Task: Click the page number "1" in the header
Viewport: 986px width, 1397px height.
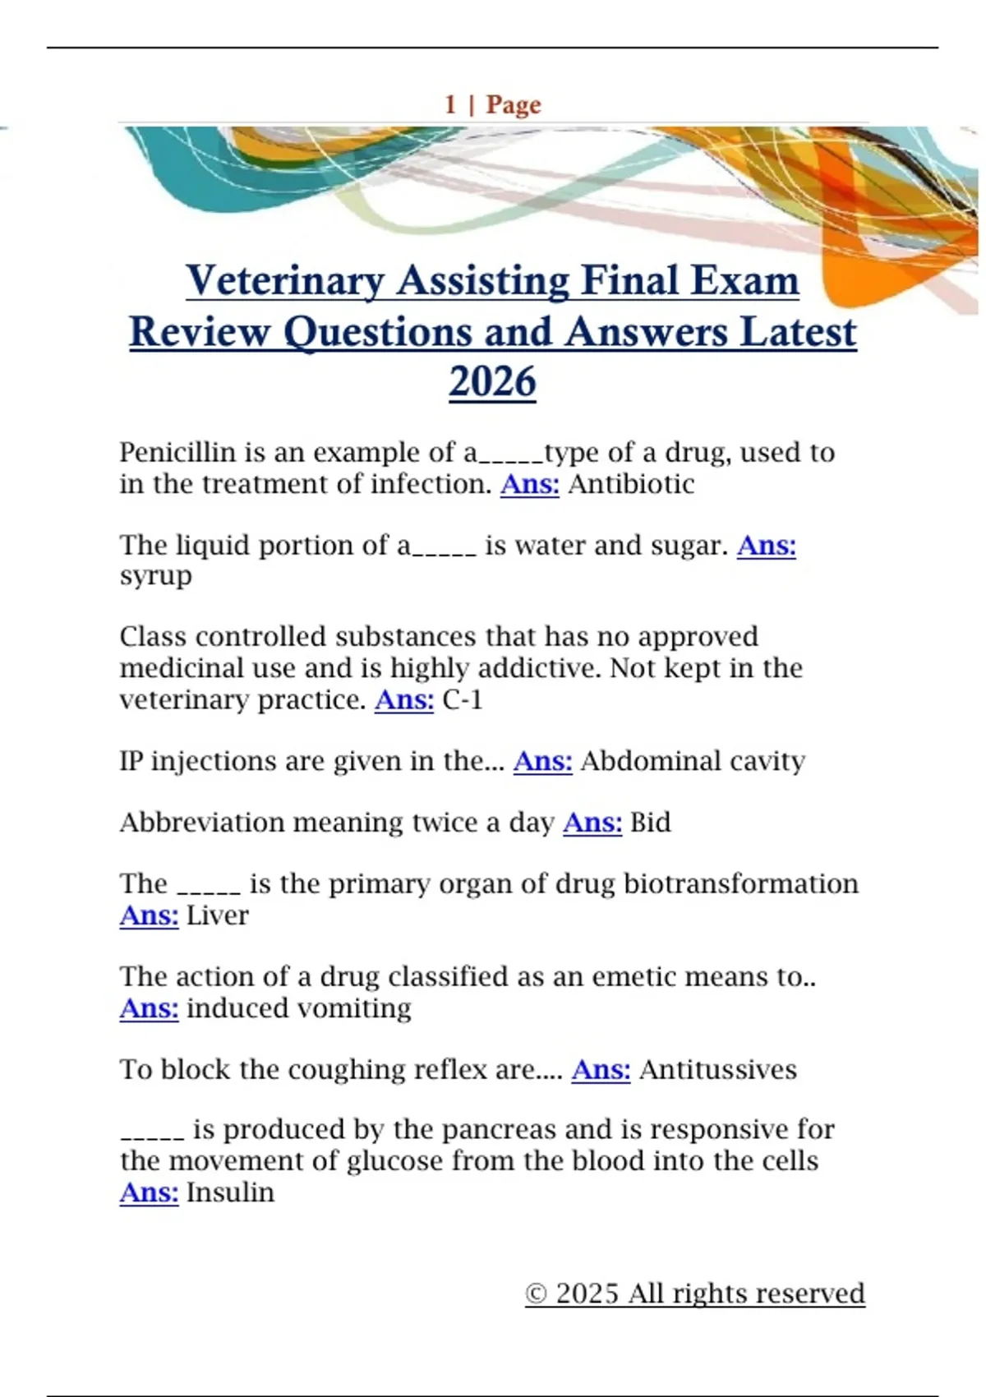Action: point(450,104)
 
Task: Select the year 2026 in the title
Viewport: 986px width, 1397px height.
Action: point(492,382)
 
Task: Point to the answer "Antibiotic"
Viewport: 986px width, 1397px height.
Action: point(631,484)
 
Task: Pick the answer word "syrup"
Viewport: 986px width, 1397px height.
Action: point(155,576)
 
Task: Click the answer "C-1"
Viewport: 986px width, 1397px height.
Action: point(463,700)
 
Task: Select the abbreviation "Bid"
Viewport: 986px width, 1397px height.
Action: point(650,823)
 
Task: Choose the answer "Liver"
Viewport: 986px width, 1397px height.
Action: point(217,915)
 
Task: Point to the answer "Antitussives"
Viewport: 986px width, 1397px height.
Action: point(717,1070)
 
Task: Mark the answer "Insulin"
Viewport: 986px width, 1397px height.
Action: point(230,1192)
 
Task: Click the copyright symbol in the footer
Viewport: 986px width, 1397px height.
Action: point(536,1294)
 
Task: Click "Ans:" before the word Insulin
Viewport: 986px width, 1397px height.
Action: point(149,1192)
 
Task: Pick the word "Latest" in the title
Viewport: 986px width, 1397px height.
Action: point(797,333)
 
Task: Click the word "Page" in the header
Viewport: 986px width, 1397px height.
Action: point(514,104)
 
